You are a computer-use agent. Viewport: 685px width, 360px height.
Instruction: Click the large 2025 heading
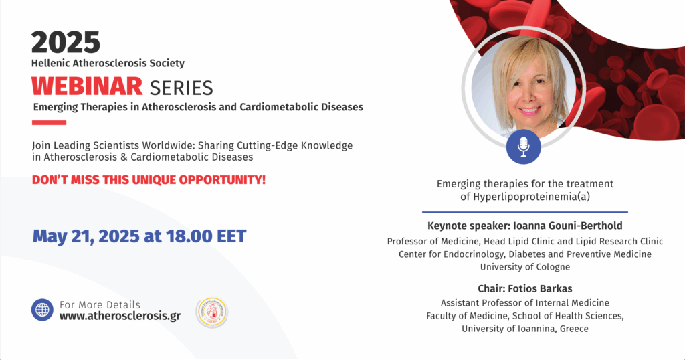pyautogui.click(x=66, y=42)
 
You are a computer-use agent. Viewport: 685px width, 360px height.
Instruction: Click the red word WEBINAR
pyautogui.click(x=87, y=86)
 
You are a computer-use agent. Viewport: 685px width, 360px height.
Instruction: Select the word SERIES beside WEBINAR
pyautogui.click(x=181, y=88)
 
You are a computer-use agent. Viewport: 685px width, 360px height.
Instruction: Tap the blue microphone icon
pyautogui.click(x=523, y=147)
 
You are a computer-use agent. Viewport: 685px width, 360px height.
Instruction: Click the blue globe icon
pyautogui.click(x=42, y=310)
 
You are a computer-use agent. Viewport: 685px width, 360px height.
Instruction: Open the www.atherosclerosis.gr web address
pyautogui.click(x=120, y=316)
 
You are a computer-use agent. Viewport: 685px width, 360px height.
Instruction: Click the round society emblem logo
pyautogui.click(x=212, y=312)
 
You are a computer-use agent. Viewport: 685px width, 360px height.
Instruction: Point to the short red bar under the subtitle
pyautogui.click(x=49, y=122)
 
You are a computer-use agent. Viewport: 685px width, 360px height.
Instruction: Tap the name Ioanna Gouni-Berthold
pyautogui.click(x=567, y=226)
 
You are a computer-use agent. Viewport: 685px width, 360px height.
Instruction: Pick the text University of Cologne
pyautogui.click(x=525, y=266)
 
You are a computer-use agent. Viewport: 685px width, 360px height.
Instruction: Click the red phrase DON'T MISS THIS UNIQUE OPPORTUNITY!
pyautogui.click(x=149, y=179)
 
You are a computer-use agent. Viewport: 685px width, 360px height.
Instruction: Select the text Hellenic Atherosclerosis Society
pyautogui.click(x=108, y=63)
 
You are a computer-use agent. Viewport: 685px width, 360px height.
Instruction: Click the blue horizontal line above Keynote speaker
pyautogui.click(x=525, y=212)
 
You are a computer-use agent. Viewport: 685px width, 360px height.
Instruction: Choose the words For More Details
pyautogui.click(x=100, y=304)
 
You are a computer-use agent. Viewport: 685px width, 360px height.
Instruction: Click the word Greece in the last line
pyautogui.click(x=574, y=329)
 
